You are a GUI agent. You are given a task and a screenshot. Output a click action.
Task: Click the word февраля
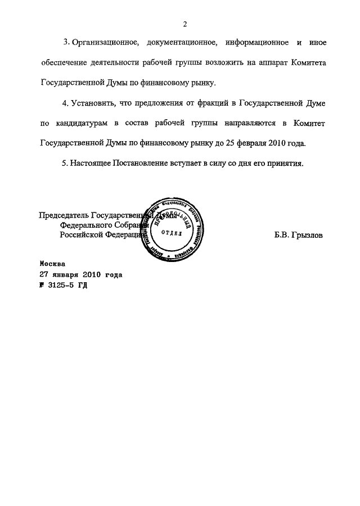click(x=246, y=143)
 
